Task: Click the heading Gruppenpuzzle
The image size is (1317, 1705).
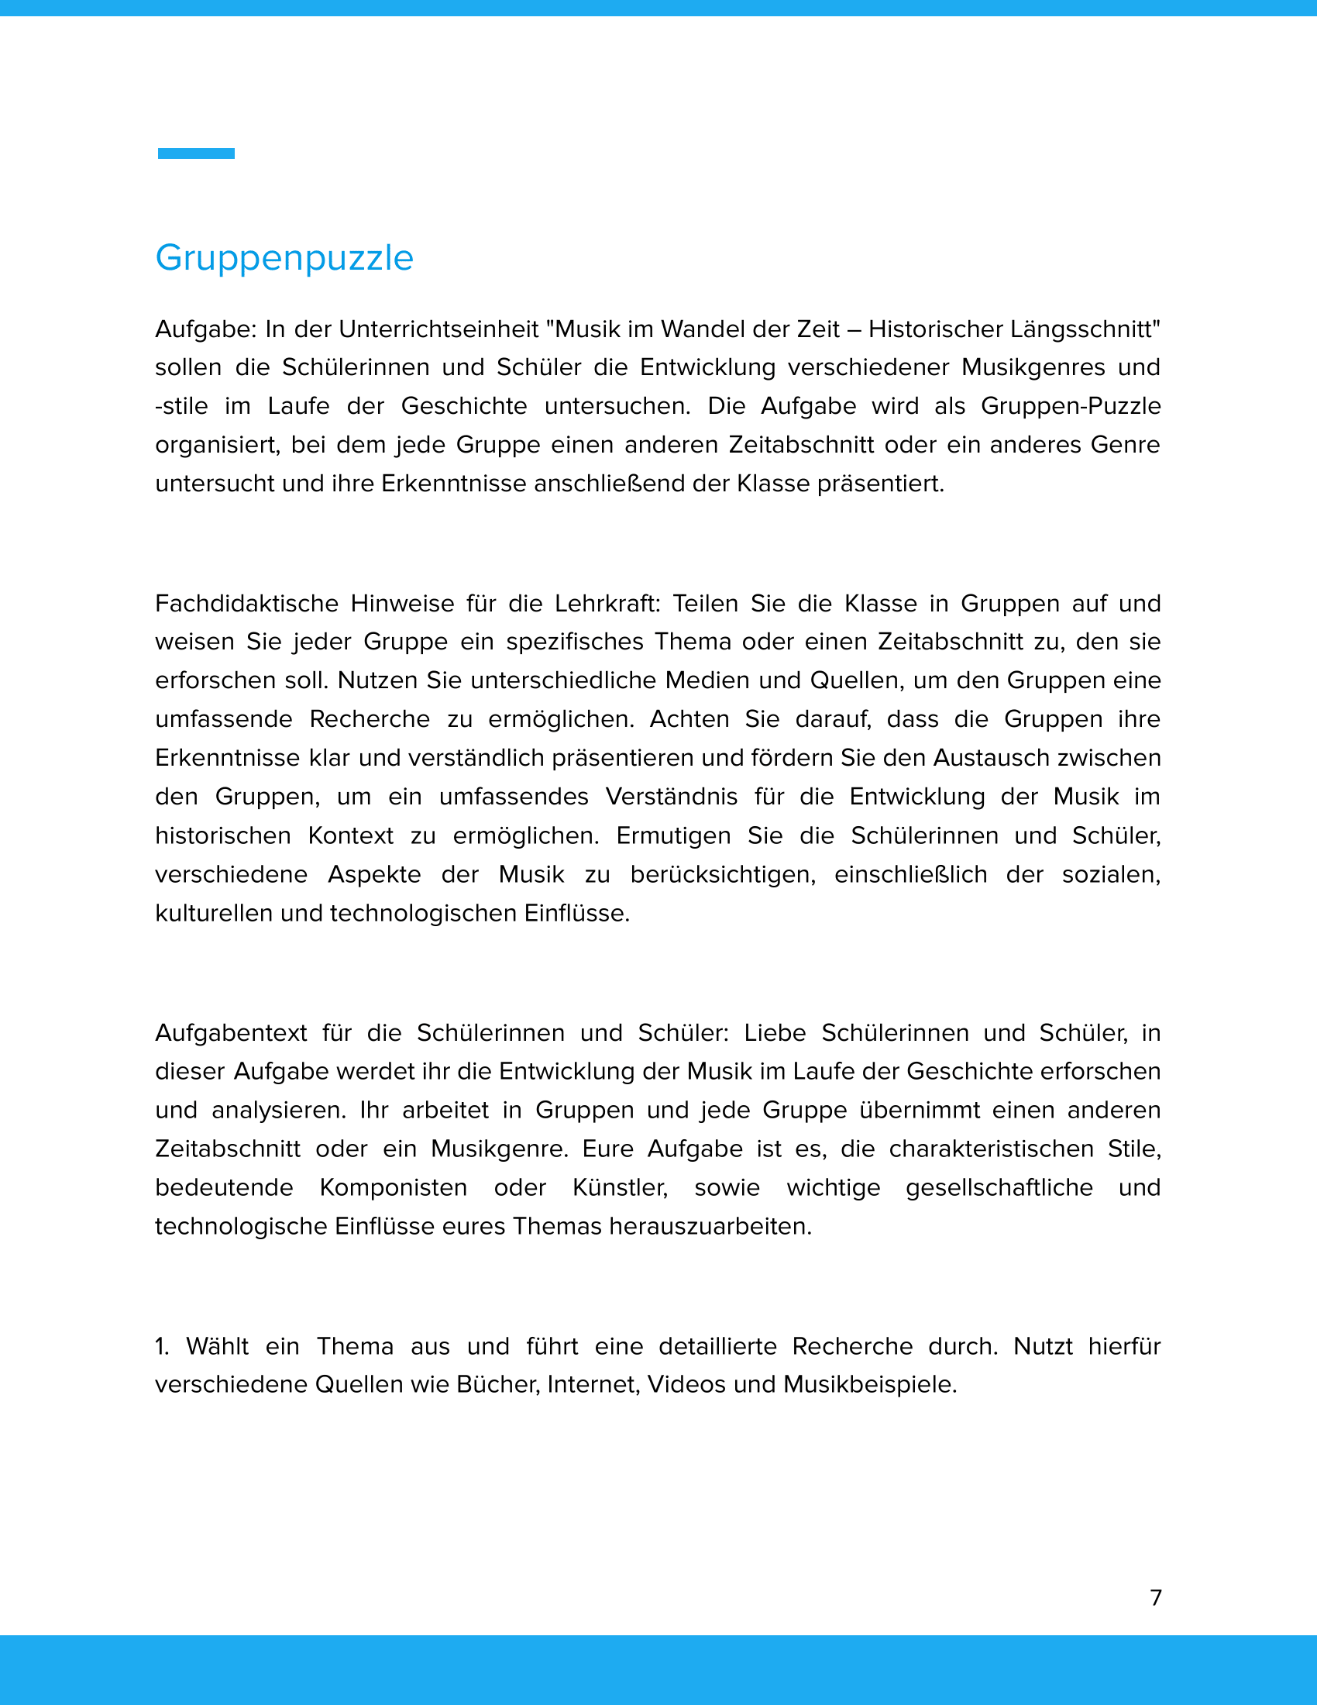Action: (x=284, y=257)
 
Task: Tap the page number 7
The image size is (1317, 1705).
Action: (x=1156, y=1597)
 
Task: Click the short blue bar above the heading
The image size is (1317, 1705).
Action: (x=196, y=153)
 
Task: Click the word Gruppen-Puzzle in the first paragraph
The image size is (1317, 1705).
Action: (x=1071, y=406)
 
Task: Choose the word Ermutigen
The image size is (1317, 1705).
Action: (x=673, y=835)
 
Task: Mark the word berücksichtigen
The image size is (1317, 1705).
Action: (x=723, y=874)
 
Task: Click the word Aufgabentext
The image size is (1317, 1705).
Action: (x=231, y=1033)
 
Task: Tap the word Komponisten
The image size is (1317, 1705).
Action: (x=394, y=1187)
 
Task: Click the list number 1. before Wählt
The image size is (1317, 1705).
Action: (x=161, y=1347)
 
